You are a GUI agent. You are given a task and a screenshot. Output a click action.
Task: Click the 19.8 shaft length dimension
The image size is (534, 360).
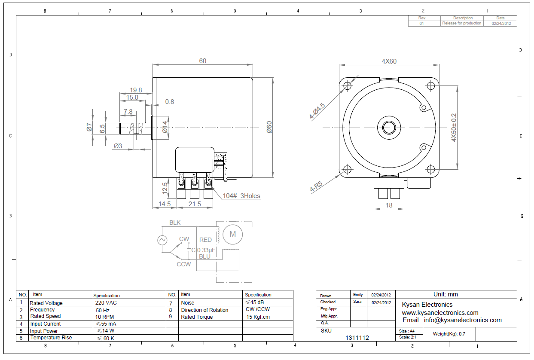point(136,90)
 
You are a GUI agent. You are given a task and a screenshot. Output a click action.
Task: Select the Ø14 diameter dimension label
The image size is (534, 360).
point(165,127)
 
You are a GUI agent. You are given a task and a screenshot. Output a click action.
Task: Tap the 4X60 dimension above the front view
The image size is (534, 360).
point(389,61)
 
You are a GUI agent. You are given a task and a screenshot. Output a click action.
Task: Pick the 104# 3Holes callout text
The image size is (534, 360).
point(241,196)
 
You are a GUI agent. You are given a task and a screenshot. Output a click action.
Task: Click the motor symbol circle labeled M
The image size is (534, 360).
point(233,234)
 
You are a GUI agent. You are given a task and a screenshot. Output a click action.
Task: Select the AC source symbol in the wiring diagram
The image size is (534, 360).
point(162,240)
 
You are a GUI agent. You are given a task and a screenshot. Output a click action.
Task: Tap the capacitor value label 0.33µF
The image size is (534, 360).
point(206,250)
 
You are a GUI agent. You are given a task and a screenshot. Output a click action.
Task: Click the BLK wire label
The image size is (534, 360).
point(175,223)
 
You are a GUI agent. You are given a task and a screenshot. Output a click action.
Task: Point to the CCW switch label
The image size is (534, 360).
point(183,264)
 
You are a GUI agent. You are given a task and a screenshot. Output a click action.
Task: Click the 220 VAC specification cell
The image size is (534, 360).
point(106,303)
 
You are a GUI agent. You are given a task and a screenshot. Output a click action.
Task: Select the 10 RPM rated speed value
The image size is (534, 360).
point(105,316)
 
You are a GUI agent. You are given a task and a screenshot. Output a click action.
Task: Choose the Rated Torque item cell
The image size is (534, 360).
point(197,317)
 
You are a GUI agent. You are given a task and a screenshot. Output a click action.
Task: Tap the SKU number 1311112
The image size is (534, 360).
point(357,338)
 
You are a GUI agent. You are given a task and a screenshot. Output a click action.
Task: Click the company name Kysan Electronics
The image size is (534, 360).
point(427,305)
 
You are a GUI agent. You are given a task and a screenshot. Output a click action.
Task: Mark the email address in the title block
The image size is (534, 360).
point(452,320)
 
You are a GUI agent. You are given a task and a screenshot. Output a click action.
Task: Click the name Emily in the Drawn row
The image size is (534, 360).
point(358,295)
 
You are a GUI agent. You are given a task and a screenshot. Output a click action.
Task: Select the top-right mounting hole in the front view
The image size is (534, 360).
point(431,86)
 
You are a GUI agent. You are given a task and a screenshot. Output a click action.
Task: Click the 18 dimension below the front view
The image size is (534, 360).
point(389,205)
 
